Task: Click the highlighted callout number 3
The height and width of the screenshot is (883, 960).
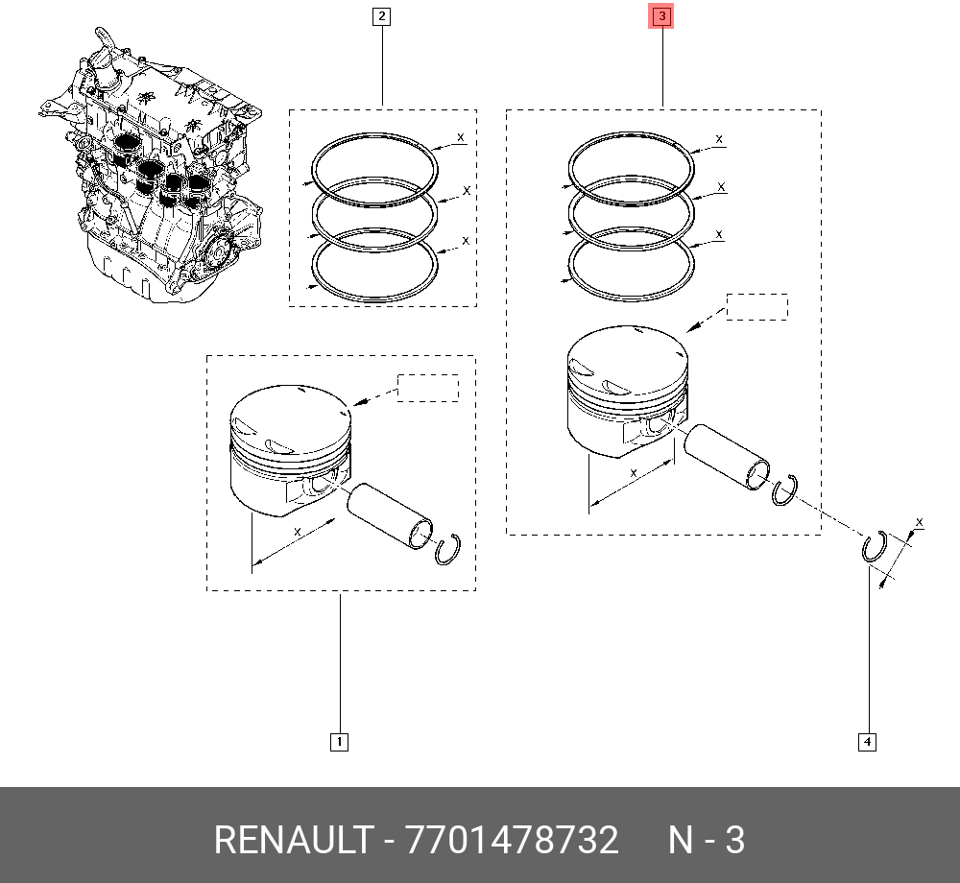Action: [x=661, y=16]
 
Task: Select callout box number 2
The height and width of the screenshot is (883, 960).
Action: [x=381, y=16]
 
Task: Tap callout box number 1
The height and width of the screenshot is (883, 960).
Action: [x=339, y=742]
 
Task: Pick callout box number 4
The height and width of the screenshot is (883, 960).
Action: [x=867, y=742]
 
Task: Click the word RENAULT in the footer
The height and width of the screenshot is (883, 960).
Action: [x=293, y=840]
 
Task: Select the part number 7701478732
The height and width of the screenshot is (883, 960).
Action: [x=512, y=840]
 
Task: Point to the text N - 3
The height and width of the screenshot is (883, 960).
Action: [x=706, y=840]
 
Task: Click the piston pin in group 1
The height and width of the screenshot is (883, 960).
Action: [x=390, y=515]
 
